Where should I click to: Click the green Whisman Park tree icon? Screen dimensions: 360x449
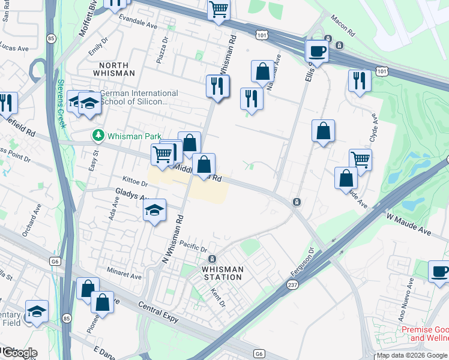[x=97, y=136]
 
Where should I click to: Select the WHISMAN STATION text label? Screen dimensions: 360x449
[x=222, y=273]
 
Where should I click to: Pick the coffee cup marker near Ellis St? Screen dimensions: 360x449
[x=317, y=52]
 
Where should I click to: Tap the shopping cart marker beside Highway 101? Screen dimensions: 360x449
[x=219, y=10]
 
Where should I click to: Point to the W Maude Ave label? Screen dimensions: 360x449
[x=409, y=223]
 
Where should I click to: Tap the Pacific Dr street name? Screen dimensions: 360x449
[x=193, y=245]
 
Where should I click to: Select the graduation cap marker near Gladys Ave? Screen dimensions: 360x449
[x=155, y=211]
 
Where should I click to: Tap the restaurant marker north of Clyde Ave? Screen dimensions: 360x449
[x=360, y=81]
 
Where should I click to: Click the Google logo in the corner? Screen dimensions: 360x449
[x=19, y=353]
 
